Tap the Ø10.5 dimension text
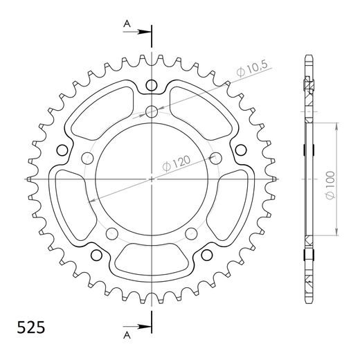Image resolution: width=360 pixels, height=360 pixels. (253, 69)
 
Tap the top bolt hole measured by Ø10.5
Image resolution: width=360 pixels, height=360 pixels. (152, 111)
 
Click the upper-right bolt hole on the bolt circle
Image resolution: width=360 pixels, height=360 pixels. (216, 157)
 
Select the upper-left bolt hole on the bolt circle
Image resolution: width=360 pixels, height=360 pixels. (87, 157)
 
